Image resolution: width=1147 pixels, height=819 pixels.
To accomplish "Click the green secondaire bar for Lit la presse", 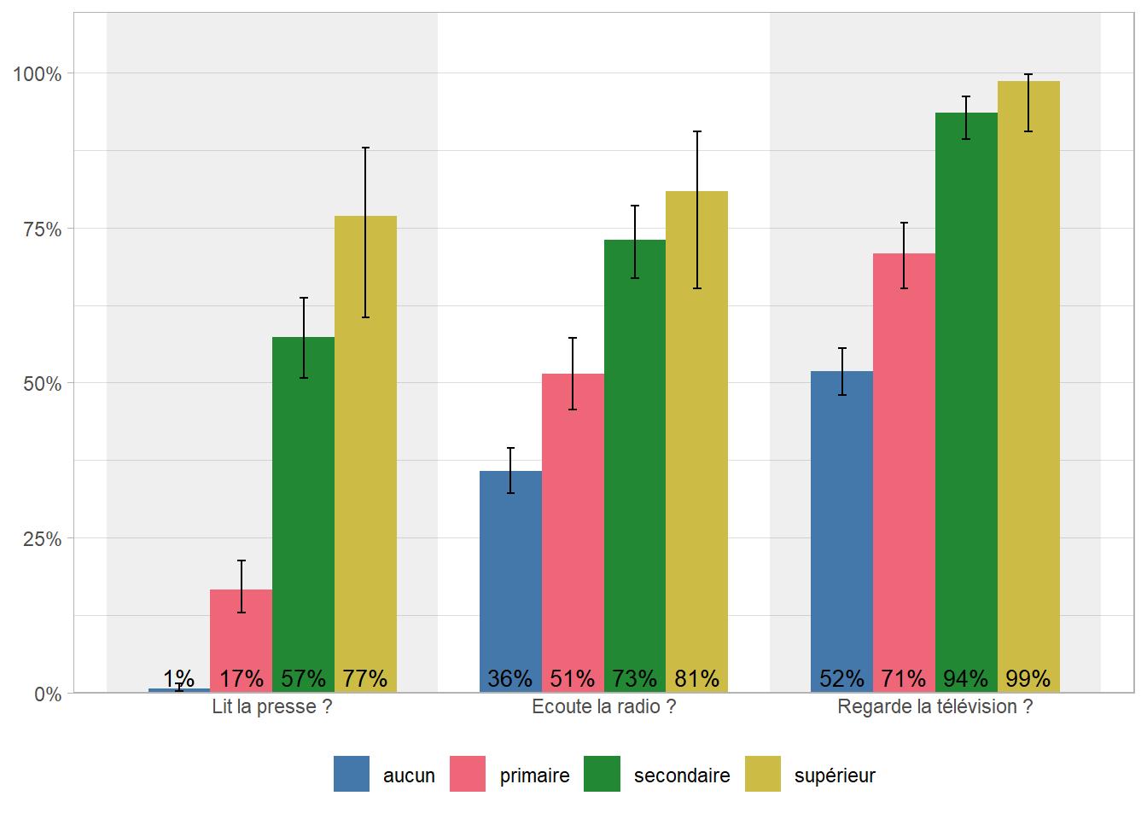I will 303,512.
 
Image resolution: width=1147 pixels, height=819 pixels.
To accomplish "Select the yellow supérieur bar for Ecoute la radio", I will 696,427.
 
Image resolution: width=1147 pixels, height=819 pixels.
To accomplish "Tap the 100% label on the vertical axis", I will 38,74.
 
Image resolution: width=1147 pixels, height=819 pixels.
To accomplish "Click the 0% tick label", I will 48,694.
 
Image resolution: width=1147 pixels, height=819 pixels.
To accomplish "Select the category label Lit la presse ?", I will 271,706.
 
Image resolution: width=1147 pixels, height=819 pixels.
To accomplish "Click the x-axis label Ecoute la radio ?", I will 603,706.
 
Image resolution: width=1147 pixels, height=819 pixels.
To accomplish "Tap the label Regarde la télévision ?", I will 934,706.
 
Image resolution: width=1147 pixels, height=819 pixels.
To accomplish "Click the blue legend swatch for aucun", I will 352,774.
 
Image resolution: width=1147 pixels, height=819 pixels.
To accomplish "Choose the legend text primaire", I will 534,775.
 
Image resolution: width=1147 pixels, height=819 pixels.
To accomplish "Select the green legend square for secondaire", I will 602,774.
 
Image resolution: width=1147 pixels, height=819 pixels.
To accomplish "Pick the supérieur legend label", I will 835,775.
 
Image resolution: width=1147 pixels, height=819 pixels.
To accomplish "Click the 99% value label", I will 1028,679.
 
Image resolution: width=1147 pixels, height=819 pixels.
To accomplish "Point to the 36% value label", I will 509,679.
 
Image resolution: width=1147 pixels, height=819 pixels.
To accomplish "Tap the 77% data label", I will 365,679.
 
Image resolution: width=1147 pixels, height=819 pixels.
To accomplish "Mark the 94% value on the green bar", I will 965,679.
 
